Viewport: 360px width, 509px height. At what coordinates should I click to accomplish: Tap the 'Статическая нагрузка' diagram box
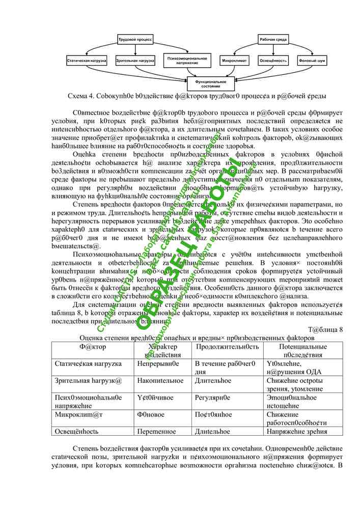click(87, 61)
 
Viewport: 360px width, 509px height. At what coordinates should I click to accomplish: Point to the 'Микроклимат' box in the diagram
click(235, 61)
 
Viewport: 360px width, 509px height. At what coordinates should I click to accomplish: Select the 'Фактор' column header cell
click(93, 346)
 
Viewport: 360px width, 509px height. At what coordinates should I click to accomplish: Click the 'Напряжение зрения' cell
click(296, 431)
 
